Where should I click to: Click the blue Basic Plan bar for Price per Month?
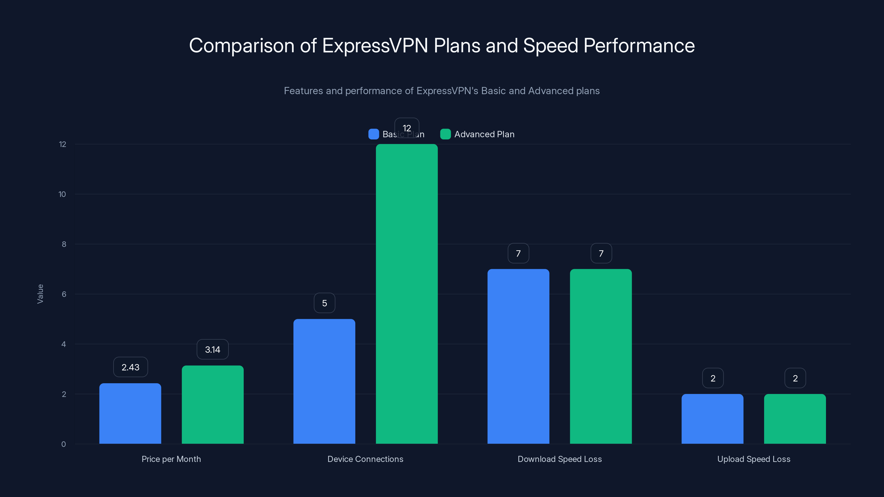[130, 413]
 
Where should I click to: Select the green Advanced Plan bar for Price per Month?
[212, 405]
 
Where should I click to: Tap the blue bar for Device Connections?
[324, 381]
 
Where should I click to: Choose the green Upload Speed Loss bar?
[795, 419]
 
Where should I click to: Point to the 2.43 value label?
[130, 367]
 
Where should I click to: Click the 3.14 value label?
[212, 350]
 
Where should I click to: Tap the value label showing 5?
[324, 303]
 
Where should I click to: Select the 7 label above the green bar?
[601, 253]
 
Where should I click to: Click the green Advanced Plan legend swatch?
[445, 134]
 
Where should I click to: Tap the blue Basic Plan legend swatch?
[373, 134]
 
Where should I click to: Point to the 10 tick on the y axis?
[62, 194]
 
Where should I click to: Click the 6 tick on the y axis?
[64, 294]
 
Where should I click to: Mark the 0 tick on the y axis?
[64, 444]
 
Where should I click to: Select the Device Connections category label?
[365, 459]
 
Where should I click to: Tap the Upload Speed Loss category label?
[754, 459]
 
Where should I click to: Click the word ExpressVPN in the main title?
[375, 46]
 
